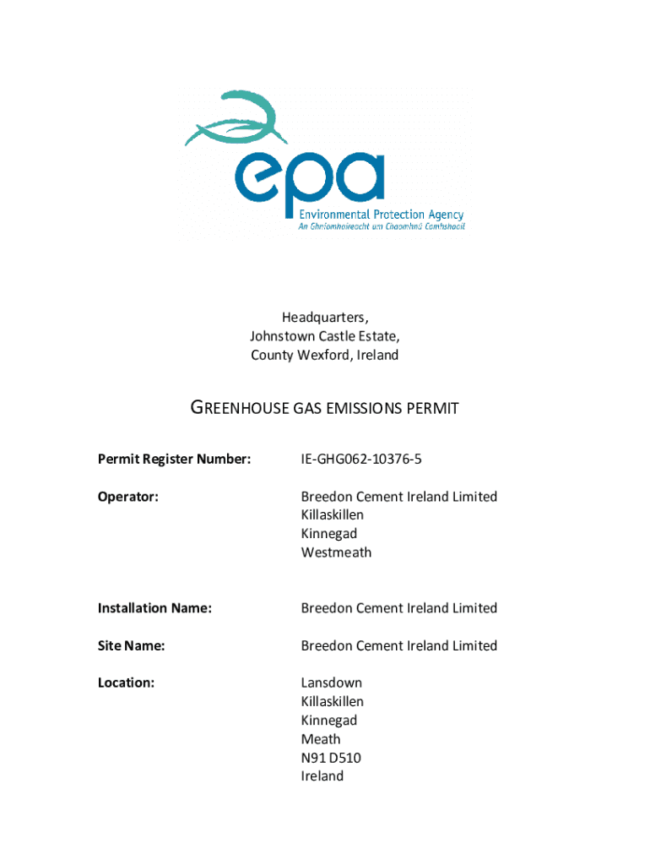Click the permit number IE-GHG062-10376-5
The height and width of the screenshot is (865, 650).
(x=360, y=460)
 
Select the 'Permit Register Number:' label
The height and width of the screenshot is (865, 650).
(x=174, y=460)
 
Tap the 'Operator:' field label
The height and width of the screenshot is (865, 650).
(x=127, y=497)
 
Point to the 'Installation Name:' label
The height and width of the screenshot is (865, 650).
(x=154, y=608)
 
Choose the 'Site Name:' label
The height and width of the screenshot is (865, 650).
(x=131, y=645)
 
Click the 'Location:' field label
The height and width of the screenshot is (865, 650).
(x=126, y=683)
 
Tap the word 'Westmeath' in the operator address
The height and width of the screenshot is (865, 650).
(x=336, y=552)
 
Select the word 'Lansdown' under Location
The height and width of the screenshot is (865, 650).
(x=331, y=683)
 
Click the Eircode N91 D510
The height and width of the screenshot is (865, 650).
(x=331, y=758)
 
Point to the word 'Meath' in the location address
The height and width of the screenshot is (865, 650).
(x=321, y=739)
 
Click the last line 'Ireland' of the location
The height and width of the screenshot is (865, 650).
(x=322, y=776)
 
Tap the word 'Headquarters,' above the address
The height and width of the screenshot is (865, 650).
(x=325, y=318)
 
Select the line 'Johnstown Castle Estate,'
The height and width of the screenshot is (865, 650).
(x=325, y=336)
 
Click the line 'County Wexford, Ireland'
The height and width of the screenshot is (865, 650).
(x=325, y=355)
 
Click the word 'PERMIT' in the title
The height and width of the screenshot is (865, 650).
(x=432, y=409)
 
